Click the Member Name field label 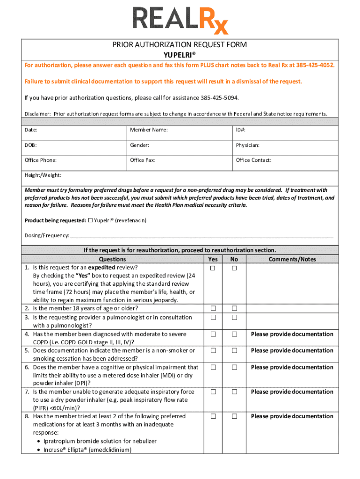[149, 130]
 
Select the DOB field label [31, 145]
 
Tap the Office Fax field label [143, 160]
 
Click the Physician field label [247, 145]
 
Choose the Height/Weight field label [43, 175]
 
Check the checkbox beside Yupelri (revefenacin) [91, 220]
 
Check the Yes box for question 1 [213, 268]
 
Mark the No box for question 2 [234, 309]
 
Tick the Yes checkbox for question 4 [213, 334]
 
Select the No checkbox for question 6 [234, 368]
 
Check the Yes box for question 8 [213, 416]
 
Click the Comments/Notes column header [292, 259]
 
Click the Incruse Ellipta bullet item [87, 450]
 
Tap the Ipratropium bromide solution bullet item [100, 441]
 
